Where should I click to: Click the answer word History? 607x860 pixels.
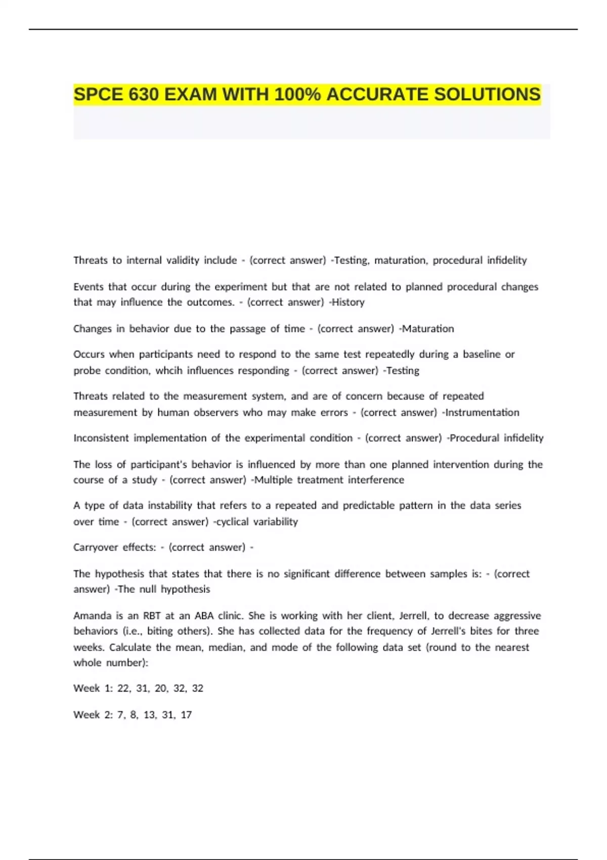pyautogui.click(x=348, y=303)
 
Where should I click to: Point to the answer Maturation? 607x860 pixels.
pyautogui.click(x=428, y=329)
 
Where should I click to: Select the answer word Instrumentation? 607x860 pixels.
pyautogui.click(x=482, y=412)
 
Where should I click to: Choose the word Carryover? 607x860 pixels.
pyautogui.click(x=96, y=547)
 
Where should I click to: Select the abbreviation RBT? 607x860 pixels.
pyautogui.click(x=152, y=616)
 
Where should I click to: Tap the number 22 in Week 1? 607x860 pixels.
pyautogui.click(x=123, y=689)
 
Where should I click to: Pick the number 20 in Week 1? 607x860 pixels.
pyautogui.click(x=161, y=689)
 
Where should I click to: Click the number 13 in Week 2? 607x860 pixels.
pyautogui.click(x=149, y=715)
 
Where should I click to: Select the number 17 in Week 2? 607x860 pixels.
pyautogui.click(x=186, y=715)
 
